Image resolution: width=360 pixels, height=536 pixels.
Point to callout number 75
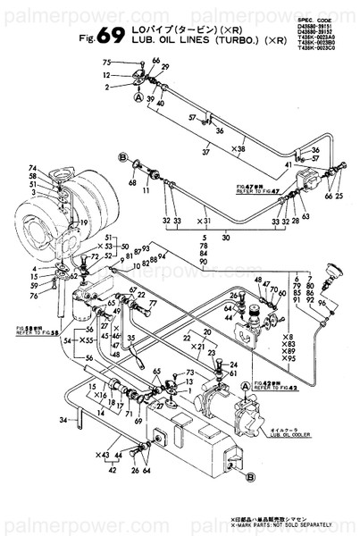(106, 62)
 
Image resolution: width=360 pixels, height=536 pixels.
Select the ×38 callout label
(239, 148)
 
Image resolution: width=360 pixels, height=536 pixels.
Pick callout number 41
(288, 165)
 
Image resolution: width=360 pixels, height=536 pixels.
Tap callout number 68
(130, 182)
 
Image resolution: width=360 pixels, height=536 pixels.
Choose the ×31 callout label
(203, 220)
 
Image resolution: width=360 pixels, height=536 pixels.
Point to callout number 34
(63, 419)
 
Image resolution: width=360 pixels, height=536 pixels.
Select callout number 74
(32, 169)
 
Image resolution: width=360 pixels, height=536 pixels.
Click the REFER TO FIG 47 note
(258, 191)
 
